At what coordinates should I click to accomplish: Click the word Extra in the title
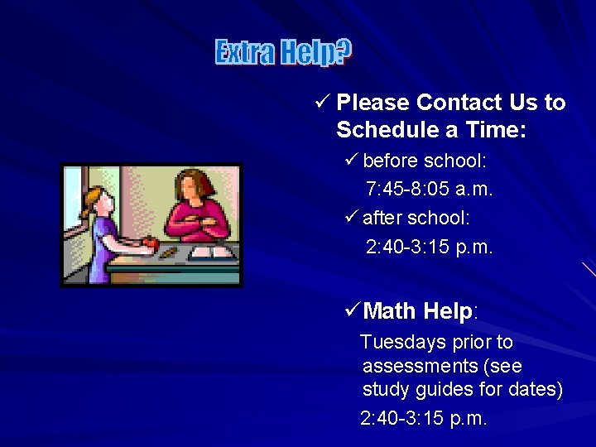(x=245, y=53)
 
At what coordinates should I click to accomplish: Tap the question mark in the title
(x=344, y=53)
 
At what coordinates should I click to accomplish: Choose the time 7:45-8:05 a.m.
(x=429, y=190)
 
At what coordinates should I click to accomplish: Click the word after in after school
(x=382, y=218)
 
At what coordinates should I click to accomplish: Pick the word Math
(x=390, y=311)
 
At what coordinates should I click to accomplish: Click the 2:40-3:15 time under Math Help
(x=424, y=419)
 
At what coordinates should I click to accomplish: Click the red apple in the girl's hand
(x=151, y=243)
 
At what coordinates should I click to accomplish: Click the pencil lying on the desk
(x=168, y=252)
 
